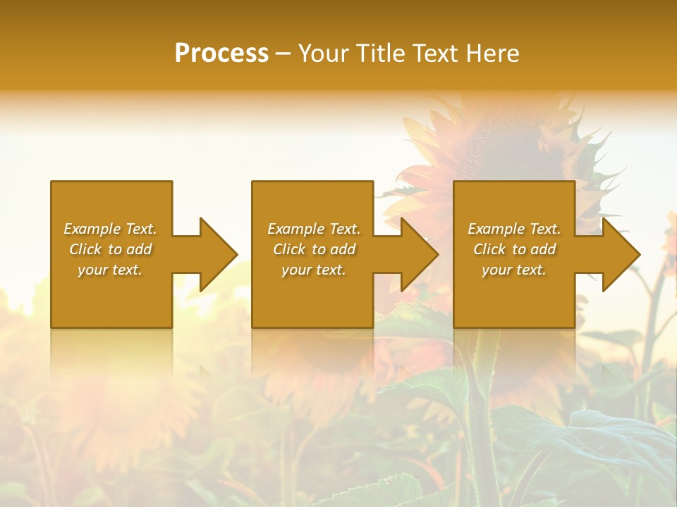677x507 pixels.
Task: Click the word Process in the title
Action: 221,54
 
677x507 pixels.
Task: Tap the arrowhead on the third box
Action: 620,254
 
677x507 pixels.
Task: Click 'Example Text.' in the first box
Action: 110,229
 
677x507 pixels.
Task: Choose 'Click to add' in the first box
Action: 110,249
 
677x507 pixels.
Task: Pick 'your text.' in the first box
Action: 110,270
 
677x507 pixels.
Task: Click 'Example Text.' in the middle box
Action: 313,229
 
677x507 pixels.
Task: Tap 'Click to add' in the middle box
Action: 313,249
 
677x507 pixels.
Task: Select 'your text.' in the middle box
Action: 313,270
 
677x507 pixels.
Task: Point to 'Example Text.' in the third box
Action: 514,229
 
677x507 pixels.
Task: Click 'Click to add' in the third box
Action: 514,249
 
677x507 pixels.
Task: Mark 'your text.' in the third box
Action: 514,270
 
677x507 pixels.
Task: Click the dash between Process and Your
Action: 283,54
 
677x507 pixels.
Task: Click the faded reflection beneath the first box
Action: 111,352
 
